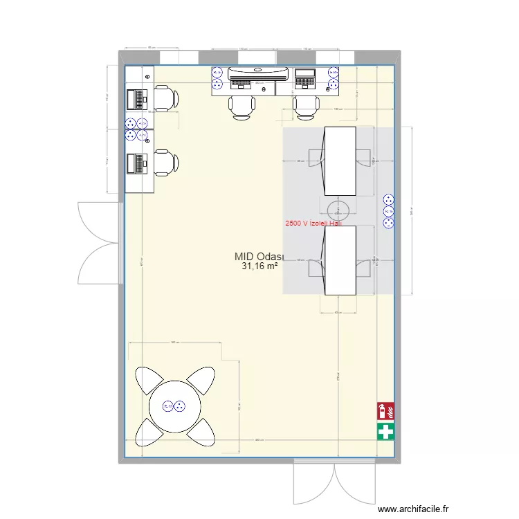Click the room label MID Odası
pos(255,257)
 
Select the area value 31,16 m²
pos(259,266)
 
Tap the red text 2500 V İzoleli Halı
pos(313,224)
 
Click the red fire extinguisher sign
pos(385,412)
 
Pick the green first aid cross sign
pos(385,432)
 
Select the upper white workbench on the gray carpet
pos(340,161)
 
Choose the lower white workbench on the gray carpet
pos(340,259)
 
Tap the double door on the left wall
pos(100,242)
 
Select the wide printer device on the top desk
pos(255,72)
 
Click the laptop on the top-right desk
pos(305,78)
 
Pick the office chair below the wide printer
pos(241,106)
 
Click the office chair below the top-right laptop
pos(305,106)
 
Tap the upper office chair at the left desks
pos(166,98)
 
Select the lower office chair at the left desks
pos(166,163)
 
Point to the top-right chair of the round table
pos(201,380)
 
